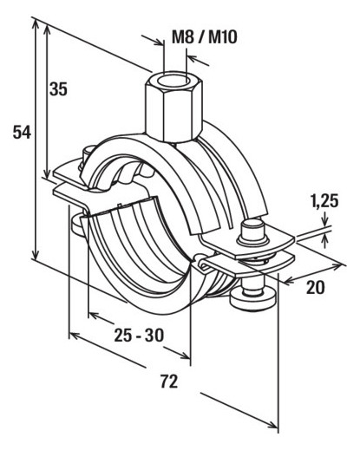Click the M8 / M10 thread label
[205, 37]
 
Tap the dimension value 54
[22, 133]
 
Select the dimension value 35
[58, 88]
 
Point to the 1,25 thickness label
[324, 201]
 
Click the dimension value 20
[316, 287]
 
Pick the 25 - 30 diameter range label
[139, 336]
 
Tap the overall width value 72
[169, 382]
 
